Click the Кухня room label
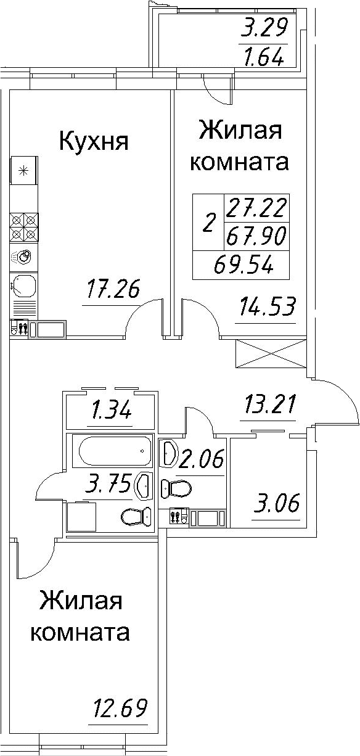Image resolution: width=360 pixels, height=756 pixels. click(x=94, y=142)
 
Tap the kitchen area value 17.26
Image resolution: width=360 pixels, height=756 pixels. click(x=113, y=290)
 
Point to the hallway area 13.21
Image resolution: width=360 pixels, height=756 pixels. click(x=268, y=405)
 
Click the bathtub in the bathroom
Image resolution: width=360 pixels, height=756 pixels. click(x=115, y=451)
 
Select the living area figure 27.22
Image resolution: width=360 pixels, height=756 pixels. click(x=256, y=208)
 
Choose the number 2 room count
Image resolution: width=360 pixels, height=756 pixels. click(x=209, y=224)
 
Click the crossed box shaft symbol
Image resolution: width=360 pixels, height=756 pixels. click(x=271, y=354)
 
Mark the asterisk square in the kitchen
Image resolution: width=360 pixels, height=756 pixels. click(x=23, y=171)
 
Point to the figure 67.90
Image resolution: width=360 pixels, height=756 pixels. click(x=256, y=236)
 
